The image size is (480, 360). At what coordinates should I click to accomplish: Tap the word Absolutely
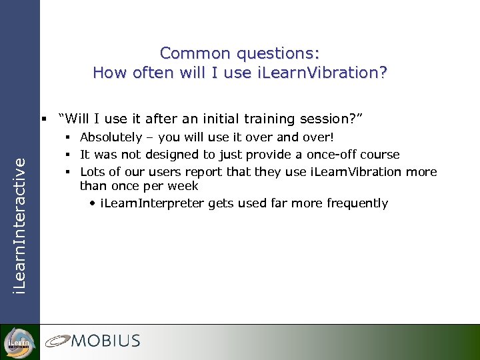(111, 137)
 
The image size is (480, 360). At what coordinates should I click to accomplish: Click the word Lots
(92, 172)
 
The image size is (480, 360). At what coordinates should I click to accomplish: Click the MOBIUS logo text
(106, 341)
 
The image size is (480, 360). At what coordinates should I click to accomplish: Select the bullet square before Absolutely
(68, 137)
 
